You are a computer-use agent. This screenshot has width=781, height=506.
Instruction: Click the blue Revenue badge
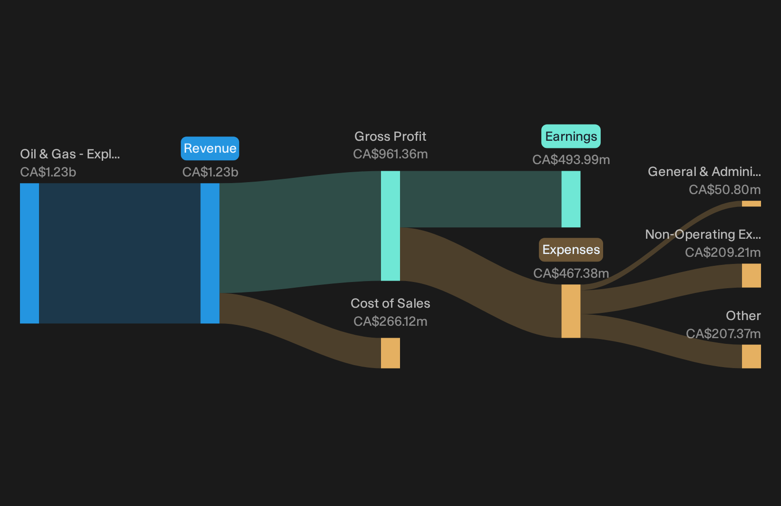[210, 148]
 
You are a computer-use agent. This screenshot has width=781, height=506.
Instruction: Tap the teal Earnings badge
[571, 136]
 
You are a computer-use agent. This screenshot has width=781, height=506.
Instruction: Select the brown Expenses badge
[571, 250]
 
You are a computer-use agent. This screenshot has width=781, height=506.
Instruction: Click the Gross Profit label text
[390, 136]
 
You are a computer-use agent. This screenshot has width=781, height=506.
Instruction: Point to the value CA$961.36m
[390, 154]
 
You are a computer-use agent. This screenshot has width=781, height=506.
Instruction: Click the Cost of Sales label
[390, 303]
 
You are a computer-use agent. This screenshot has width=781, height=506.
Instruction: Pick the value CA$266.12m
[390, 321]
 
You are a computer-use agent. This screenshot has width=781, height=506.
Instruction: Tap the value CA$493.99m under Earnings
[571, 160]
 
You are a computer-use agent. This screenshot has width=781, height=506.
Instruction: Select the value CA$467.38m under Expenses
[571, 273]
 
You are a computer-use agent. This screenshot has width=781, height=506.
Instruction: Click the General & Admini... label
[704, 172]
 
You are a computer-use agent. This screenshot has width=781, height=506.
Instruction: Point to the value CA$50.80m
[724, 190]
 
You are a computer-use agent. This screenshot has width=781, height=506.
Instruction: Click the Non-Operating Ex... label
[703, 234]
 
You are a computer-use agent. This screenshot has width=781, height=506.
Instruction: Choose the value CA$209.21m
[723, 253]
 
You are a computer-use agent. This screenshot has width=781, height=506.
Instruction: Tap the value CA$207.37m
[723, 334]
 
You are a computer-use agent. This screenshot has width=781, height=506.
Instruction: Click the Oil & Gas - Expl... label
[70, 154]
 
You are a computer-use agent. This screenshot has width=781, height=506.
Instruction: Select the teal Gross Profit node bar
[390, 225]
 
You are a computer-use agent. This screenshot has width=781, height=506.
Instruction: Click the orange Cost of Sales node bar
[390, 353]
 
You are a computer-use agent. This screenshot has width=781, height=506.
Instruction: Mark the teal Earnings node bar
[571, 199]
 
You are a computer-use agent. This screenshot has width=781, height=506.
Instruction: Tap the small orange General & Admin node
[752, 204]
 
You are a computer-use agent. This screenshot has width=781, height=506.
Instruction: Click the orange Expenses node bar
[571, 311]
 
